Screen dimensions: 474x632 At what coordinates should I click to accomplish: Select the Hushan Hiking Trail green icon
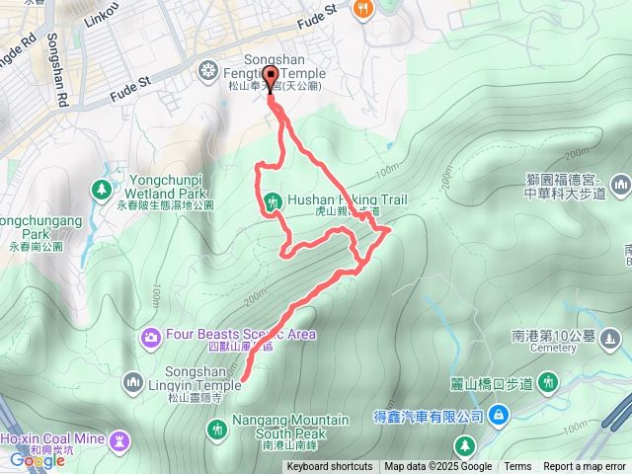(x=271, y=202)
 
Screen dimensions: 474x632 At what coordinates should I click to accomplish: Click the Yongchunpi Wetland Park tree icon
(x=102, y=189)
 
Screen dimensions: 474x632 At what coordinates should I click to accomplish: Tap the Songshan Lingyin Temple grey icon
(x=134, y=380)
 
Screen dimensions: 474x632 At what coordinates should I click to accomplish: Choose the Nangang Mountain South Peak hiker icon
(x=216, y=428)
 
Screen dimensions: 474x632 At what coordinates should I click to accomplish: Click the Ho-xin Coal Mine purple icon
(x=119, y=439)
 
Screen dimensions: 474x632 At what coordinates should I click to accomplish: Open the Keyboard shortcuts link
(x=330, y=467)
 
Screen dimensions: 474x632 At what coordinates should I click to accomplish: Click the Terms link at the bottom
(x=517, y=467)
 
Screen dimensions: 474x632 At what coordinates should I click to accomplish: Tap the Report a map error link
(x=585, y=467)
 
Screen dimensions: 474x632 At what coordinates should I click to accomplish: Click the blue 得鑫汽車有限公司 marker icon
(x=499, y=415)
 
